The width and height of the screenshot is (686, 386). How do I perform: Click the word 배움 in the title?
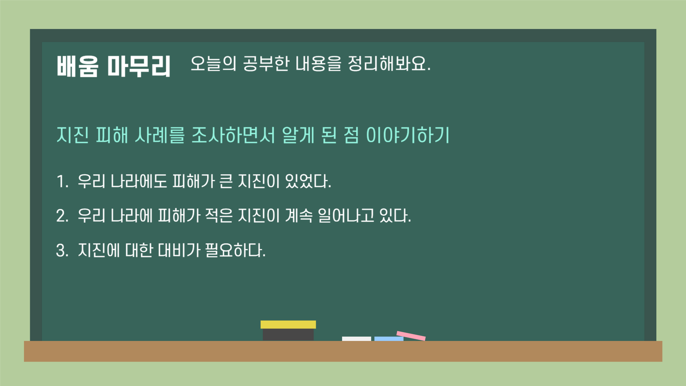coord(77,66)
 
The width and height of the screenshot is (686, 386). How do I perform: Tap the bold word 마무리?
coord(139,66)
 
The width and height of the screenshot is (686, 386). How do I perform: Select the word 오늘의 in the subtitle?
coord(213,64)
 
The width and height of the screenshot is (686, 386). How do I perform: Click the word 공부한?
coord(266,64)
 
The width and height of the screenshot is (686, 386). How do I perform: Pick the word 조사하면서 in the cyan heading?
coord(233,135)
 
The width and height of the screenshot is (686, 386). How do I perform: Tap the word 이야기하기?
coord(408,135)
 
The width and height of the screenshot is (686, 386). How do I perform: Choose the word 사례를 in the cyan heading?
coord(159,135)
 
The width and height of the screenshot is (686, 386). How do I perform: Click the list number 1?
coord(62,181)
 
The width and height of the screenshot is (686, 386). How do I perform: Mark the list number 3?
coord(62,250)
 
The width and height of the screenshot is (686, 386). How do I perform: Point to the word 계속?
coord(298,216)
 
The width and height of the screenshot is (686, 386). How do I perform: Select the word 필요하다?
coord(235,250)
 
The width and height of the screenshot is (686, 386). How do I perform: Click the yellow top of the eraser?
coord(288,324)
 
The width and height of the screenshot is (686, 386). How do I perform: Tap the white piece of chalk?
coord(356,338)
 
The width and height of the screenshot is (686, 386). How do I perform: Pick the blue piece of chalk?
coord(389,338)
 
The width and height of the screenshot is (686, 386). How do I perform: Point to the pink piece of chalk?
coord(411,336)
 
